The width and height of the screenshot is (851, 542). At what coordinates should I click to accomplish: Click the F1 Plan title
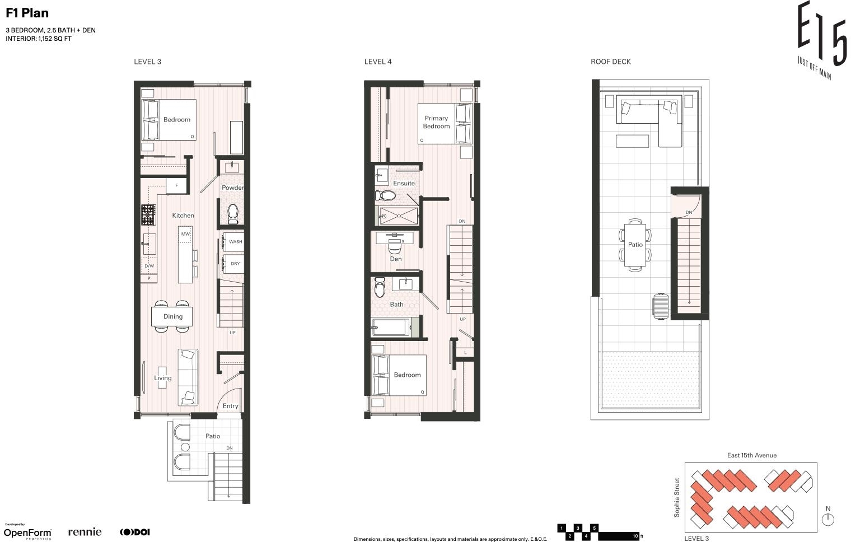(x=27, y=13)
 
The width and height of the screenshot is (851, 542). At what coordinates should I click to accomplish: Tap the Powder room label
(x=232, y=188)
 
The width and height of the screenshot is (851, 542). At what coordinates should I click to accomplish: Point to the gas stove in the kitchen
(x=148, y=214)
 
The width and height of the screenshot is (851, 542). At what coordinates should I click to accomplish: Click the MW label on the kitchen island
(x=185, y=234)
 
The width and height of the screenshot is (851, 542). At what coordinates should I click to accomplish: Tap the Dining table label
(x=173, y=316)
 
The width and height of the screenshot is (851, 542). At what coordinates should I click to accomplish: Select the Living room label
(x=162, y=378)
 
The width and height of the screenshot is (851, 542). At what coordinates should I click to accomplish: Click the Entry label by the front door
(x=230, y=406)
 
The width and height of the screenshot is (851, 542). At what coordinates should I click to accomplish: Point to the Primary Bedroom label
(x=437, y=122)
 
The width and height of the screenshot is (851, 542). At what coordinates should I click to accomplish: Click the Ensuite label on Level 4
(x=404, y=184)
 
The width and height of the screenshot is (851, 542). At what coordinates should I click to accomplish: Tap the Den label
(x=396, y=259)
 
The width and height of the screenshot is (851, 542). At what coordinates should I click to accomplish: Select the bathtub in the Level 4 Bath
(x=391, y=328)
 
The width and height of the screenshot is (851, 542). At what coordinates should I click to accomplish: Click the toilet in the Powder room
(x=233, y=214)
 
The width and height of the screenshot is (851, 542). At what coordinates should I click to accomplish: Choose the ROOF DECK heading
(x=610, y=62)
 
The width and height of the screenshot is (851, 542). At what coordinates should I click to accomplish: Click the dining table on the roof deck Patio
(x=635, y=245)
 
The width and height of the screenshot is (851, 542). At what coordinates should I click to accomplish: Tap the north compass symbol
(x=828, y=519)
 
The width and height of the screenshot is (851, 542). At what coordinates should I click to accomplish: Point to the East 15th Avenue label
(x=752, y=455)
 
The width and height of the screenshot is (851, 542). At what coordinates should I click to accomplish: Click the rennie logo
(x=85, y=532)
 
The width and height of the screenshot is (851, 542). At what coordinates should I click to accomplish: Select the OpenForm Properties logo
(x=27, y=532)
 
